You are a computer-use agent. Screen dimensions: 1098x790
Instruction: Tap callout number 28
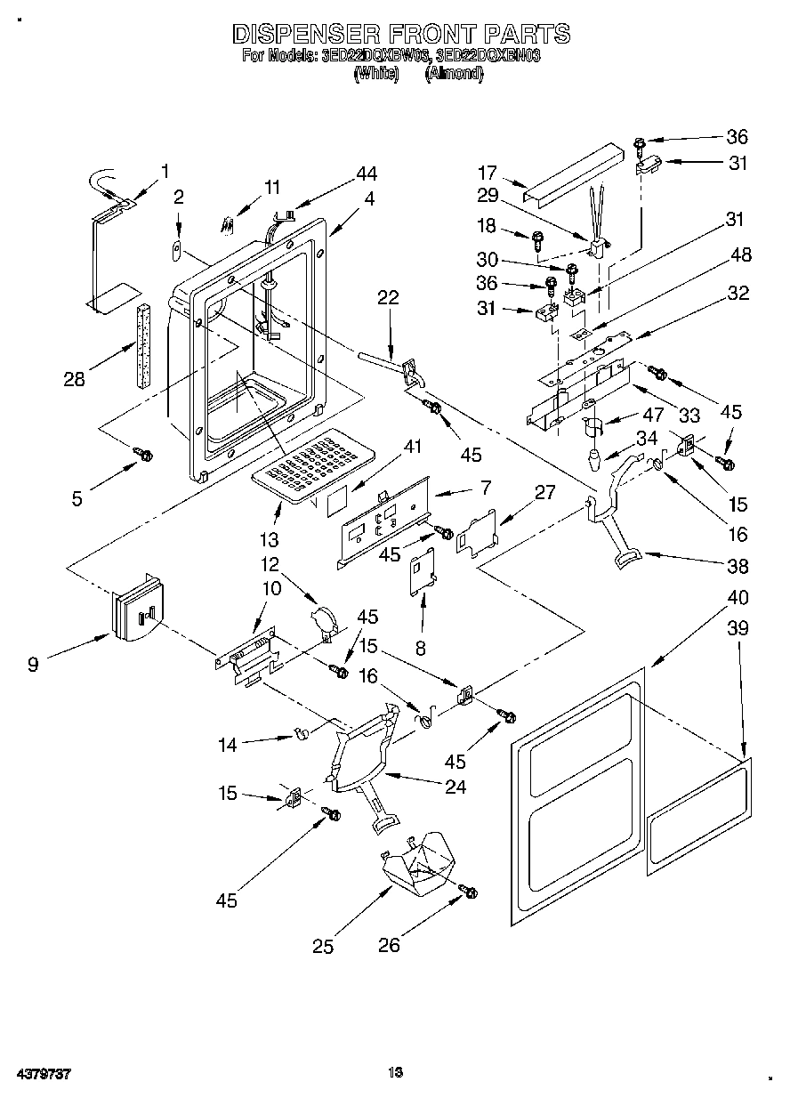click(75, 378)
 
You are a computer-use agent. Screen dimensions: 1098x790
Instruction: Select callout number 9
click(33, 663)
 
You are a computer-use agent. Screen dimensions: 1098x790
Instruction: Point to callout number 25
click(323, 947)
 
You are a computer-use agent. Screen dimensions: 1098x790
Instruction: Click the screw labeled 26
click(469, 891)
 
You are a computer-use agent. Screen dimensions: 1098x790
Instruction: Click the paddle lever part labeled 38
click(614, 534)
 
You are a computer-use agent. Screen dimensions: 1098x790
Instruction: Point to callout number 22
click(387, 299)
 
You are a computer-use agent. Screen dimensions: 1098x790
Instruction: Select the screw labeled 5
click(142, 455)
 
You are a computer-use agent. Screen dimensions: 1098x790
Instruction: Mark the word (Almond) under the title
click(454, 75)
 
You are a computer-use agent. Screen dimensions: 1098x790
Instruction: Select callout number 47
click(654, 414)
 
